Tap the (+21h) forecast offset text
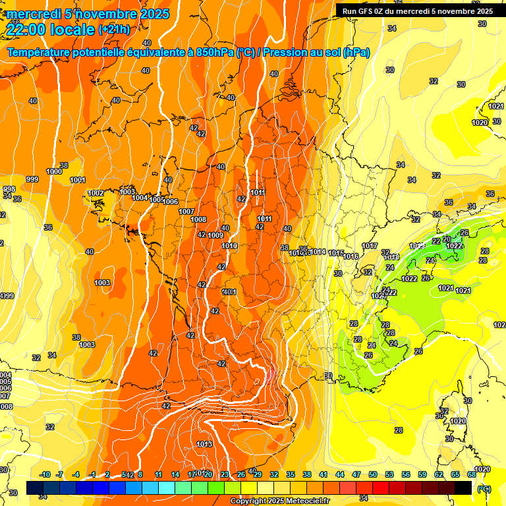[x=114, y=30]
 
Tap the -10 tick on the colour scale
[x=45, y=474]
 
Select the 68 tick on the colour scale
[x=471, y=474]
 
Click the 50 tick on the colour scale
[x=372, y=474]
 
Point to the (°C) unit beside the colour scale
[x=484, y=488]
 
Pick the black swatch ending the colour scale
[x=463, y=488]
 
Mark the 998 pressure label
[x=9, y=189]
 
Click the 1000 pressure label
[x=55, y=171]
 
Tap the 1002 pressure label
[x=96, y=193]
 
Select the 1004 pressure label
[x=140, y=198]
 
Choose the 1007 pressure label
[x=186, y=211]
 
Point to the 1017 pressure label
[x=370, y=246]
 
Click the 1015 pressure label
[x=336, y=253]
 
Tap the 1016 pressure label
[x=351, y=256]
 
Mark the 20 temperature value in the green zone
[x=447, y=239]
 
